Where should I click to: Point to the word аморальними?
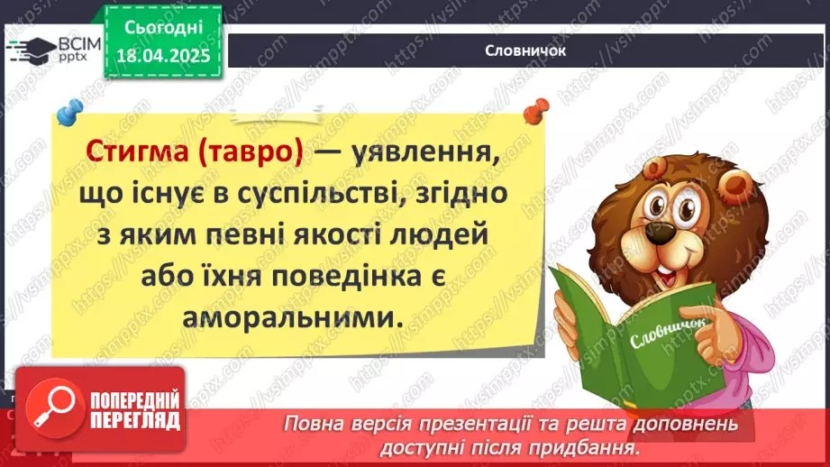pos(289,317)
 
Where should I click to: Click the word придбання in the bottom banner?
pos(594,447)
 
